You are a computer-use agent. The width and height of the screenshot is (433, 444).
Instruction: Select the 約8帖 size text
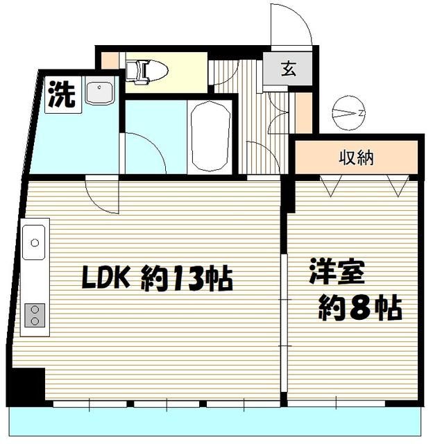tap(360, 307)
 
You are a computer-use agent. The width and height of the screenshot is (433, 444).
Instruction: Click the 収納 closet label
tap(357, 158)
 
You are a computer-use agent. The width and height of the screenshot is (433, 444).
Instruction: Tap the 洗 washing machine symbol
tap(60, 95)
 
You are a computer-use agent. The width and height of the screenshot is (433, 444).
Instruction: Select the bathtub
tap(211, 137)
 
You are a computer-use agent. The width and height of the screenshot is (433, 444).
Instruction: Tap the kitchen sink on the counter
tap(35, 244)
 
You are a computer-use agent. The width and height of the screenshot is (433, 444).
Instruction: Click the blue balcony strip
tap(215, 419)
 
